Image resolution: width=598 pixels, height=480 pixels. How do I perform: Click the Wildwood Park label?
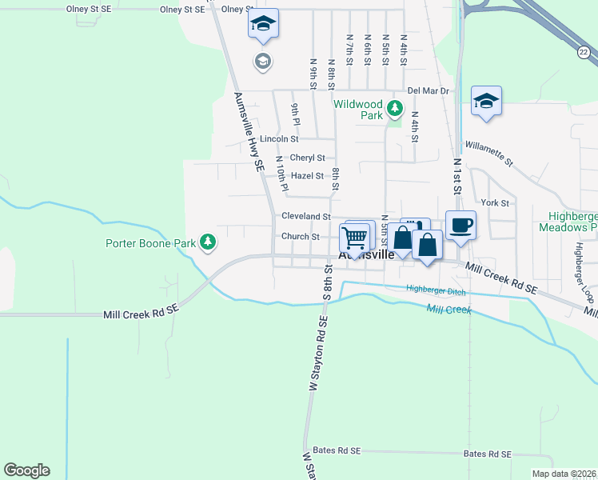click(357, 110)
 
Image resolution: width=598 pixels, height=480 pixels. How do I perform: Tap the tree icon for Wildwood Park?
click(393, 108)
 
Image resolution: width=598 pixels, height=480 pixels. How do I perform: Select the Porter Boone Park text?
click(152, 242)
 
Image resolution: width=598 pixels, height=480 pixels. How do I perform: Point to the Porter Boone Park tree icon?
click(208, 242)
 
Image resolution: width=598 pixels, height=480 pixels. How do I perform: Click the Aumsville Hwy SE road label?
click(249, 131)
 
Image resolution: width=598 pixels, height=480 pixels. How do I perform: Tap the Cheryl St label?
click(307, 158)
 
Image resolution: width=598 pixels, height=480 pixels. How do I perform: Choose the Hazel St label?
click(307, 176)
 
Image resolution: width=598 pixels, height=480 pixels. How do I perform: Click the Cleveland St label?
click(305, 217)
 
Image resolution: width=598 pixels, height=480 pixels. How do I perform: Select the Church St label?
click(300, 237)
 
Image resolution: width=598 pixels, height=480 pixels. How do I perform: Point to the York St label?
click(495, 203)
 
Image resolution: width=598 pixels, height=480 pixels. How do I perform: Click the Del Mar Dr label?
click(429, 90)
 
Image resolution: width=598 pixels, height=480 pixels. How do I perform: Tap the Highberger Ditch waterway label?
click(435, 290)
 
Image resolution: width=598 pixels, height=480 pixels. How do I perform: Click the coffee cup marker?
click(460, 225)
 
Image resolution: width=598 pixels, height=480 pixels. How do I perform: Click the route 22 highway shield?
click(584, 52)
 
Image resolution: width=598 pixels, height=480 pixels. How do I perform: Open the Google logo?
click(26, 470)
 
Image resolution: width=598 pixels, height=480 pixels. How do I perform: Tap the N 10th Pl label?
click(281, 173)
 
